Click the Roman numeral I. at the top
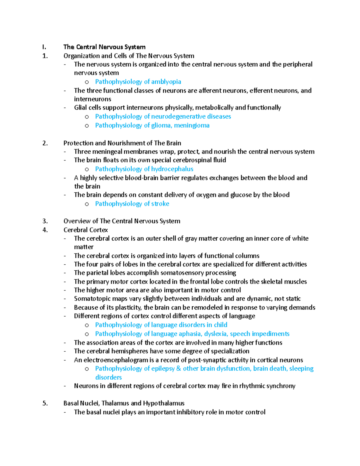(44, 47)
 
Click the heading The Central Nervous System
(104, 47)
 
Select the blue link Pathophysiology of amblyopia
(138, 82)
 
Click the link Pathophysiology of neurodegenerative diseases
(163, 116)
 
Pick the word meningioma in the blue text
(192, 125)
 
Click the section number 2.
(45, 143)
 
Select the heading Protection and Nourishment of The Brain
(122, 143)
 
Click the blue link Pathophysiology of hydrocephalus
(144, 169)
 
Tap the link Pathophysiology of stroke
(132, 204)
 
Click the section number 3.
(45, 221)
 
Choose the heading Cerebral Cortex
(85, 230)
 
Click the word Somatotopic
(92, 299)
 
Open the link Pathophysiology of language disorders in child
(161, 325)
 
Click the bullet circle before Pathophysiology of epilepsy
(87, 369)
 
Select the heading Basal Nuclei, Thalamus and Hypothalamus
(124, 403)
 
